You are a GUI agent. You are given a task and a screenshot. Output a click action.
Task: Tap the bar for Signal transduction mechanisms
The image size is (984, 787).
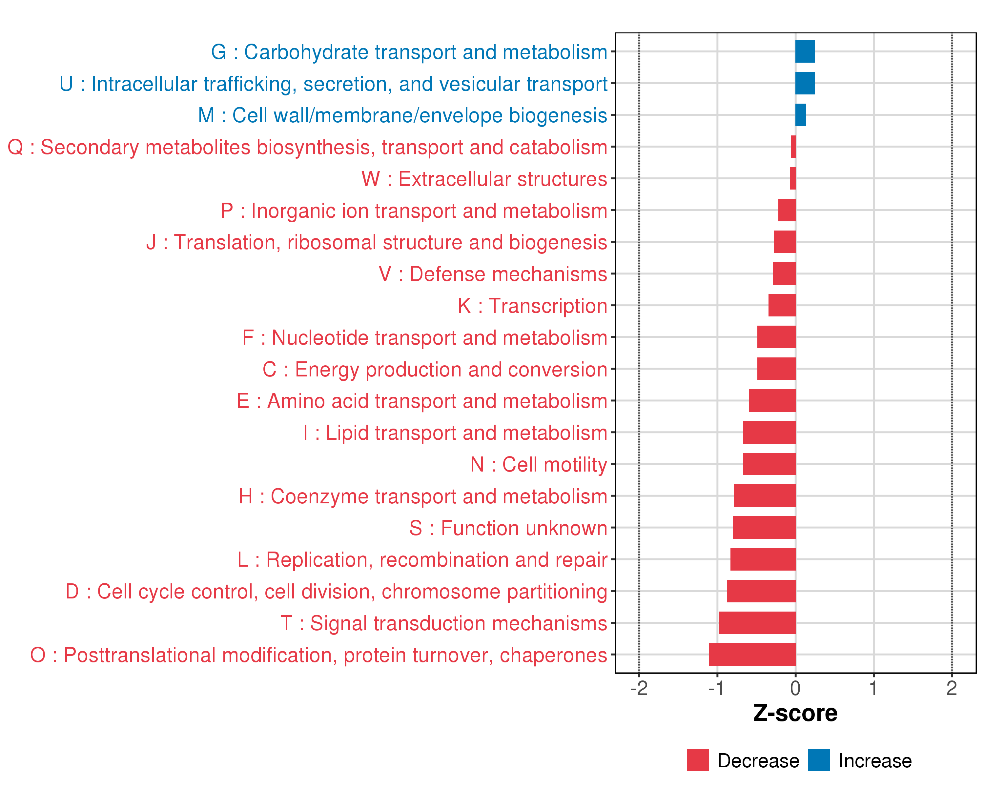[x=757, y=622]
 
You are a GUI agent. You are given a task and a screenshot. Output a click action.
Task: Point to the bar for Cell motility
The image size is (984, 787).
[x=769, y=464]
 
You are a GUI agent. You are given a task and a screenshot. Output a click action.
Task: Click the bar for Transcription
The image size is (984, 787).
[x=782, y=305]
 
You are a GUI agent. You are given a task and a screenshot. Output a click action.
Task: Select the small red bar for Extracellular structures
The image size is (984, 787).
[x=793, y=178]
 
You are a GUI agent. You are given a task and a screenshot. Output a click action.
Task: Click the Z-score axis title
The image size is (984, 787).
[x=795, y=713]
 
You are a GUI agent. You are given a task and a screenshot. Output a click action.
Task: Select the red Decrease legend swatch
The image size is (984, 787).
[x=697, y=760]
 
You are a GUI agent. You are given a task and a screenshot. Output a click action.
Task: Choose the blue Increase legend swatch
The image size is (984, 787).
[x=819, y=760]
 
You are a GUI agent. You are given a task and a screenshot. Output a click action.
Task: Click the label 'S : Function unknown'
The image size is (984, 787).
[x=508, y=528]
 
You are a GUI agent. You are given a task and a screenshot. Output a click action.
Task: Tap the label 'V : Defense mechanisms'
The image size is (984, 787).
[x=493, y=274]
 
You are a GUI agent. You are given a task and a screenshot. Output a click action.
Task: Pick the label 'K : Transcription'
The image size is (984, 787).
[x=532, y=306]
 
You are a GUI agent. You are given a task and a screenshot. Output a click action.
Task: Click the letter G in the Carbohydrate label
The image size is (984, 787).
[x=219, y=52]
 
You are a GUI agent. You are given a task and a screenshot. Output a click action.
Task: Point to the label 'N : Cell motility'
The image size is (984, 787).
[x=539, y=464]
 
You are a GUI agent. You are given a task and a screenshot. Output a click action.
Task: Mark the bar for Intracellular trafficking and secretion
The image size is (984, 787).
[x=805, y=83]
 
